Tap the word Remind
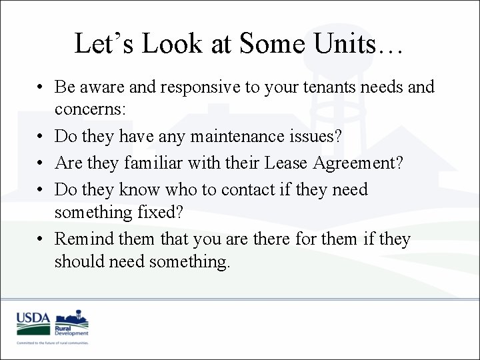[85, 239]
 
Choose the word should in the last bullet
[77, 262]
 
